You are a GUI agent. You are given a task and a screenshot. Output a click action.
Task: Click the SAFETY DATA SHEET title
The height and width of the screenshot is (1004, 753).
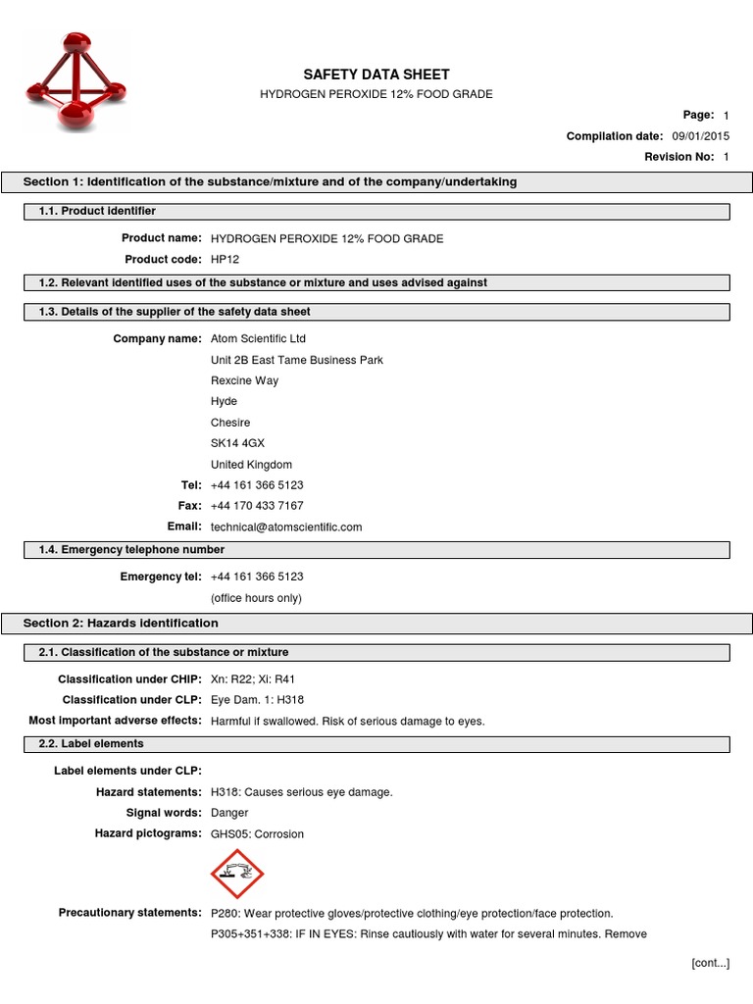pyautogui.click(x=376, y=75)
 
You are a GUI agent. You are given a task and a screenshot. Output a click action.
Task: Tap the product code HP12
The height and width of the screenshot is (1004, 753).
pyautogui.click(x=225, y=260)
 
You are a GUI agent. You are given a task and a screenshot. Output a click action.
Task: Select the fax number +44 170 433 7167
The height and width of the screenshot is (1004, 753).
pyautogui.click(x=257, y=506)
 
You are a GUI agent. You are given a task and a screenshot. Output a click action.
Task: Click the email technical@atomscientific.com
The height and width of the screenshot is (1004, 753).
pyautogui.click(x=286, y=527)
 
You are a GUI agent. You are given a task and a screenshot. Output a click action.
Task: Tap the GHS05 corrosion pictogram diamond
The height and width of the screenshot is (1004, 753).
pyautogui.click(x=237, y=874)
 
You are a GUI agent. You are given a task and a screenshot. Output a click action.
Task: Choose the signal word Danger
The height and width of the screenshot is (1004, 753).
pyautogui.click(x=229, y=813)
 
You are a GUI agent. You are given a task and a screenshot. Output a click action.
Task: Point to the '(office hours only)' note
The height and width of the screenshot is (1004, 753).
pyautogui.click(x=256, y=598)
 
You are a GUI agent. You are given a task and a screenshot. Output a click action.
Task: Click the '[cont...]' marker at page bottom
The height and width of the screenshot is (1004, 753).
pyautogui.click(x=710, y=964)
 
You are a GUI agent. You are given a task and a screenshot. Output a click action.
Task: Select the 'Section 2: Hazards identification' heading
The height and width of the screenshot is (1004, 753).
pyautogui.click(x=121, y=624)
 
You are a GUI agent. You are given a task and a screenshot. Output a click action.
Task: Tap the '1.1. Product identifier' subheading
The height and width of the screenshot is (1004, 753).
pyautogui.click(x=97, y=211)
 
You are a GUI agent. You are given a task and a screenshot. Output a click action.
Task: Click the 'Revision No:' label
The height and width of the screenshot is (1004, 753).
pyautogui.click(x=678, y=157)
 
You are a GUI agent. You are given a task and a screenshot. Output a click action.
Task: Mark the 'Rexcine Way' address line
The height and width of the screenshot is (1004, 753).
pyautogui.click(x=244, y=380)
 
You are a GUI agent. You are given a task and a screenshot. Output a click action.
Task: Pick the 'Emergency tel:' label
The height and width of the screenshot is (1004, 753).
pyautogui.click(x=161, y=577)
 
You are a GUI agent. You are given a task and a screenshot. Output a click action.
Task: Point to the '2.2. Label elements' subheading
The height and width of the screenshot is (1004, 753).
pyautogui.click(x=90, y=744)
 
